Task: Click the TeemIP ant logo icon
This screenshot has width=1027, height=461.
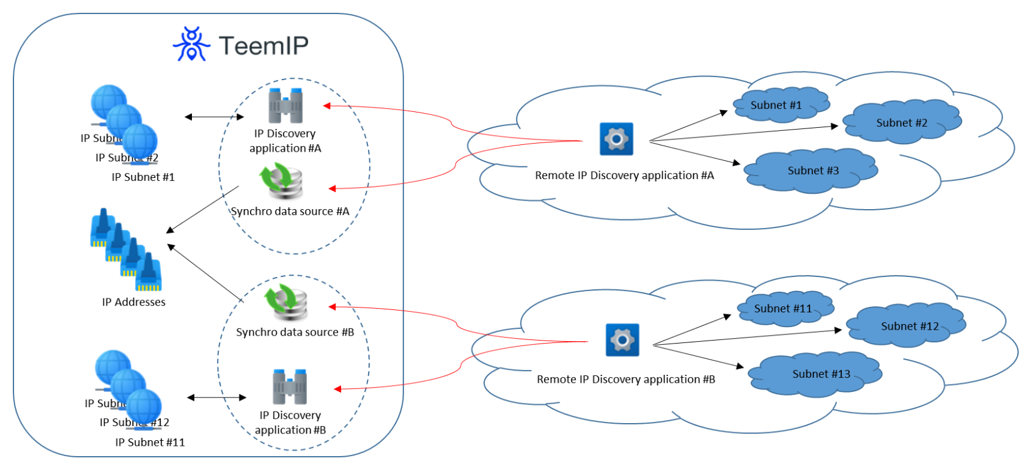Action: tap(192, 44)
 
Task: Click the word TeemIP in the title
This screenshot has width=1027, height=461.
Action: tap(263, 46)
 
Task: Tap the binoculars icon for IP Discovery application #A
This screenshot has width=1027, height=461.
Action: tap(285, 106)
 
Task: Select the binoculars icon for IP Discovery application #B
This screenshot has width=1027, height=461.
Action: tap(290, 386)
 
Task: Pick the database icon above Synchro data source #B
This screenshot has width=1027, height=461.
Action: tap(286, 302)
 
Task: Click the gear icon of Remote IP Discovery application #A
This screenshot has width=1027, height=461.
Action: tap(616, 139)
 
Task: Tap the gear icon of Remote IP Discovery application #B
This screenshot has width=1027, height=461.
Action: tap(622, 340)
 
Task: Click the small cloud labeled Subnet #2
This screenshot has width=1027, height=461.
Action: tap(902, 122)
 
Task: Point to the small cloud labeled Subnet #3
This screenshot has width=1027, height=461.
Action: tap(812, 171)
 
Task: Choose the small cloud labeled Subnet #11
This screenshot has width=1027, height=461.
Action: tap(784, 309)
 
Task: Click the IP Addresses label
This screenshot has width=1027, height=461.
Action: tap(134, 302)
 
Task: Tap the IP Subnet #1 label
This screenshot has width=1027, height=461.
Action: tap(143, 177)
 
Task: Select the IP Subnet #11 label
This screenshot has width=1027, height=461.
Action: tap(150, 443)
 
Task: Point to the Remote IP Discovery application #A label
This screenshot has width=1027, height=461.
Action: tap(624, 175)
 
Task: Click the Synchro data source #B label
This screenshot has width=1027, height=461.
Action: tap(295, 332)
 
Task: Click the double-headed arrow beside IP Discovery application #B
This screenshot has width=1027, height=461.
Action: tap(216, 397)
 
